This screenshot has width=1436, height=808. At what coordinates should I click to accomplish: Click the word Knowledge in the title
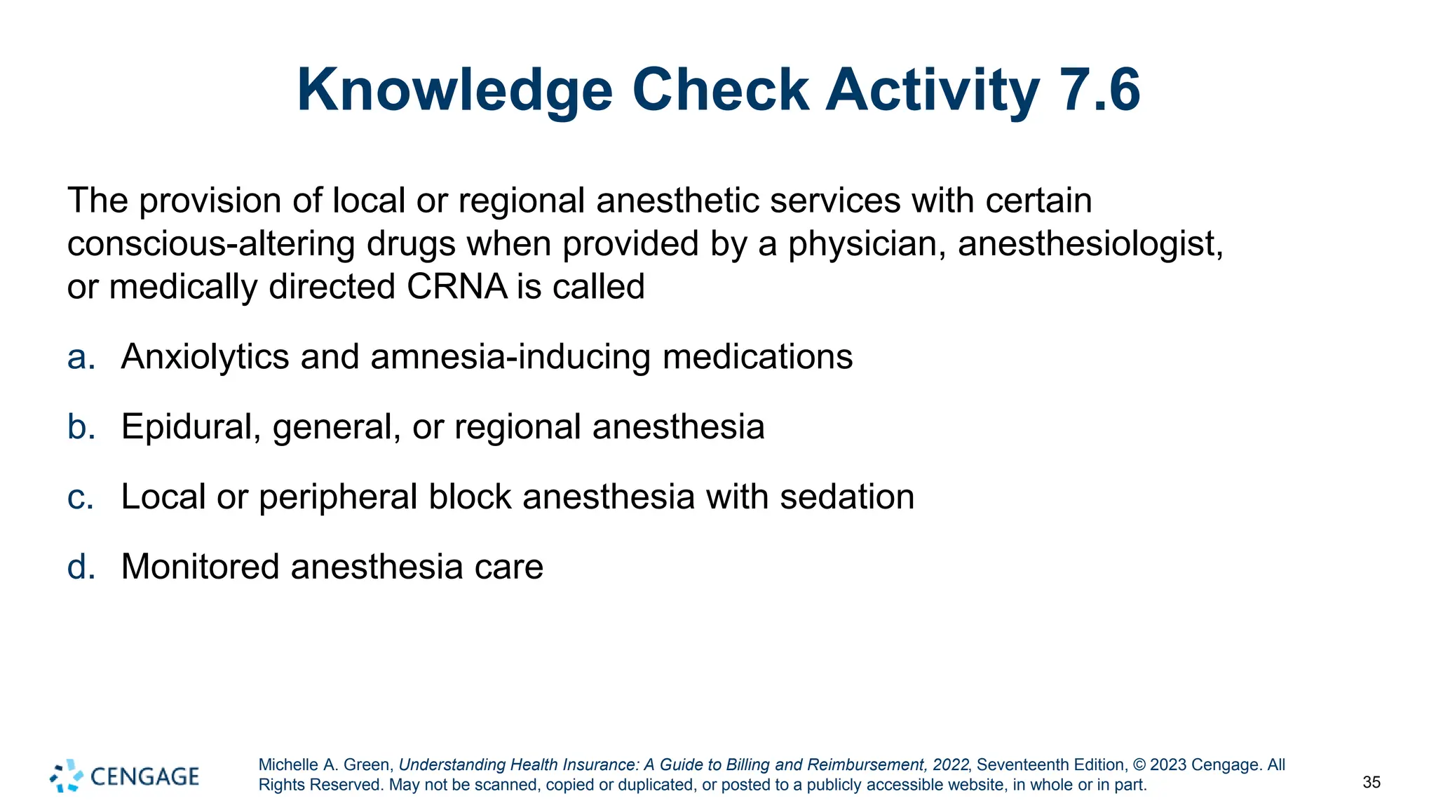[454, 90]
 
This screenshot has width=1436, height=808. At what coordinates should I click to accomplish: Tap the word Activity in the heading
[933, 90]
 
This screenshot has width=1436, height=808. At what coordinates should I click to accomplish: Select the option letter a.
[81, 357]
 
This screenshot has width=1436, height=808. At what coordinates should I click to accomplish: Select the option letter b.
[81, 426]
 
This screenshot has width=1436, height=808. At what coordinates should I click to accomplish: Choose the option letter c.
[81, 497]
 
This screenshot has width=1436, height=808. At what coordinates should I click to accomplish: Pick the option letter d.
[81, 567]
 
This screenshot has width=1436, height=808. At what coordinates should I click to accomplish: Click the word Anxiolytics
[205, 357]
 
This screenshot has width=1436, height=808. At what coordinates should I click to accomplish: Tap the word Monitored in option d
[200, 567]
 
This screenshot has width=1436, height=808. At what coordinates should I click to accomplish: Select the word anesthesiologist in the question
[1090, 244]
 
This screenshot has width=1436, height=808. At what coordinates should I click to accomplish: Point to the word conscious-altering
[211, 244]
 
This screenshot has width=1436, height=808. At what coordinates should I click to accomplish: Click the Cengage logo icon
[66, 776]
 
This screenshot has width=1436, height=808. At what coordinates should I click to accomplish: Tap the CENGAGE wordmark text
[145, 776]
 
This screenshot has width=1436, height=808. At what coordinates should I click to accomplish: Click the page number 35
[1371, 782]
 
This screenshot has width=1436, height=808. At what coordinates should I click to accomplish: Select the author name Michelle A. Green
[326, 765]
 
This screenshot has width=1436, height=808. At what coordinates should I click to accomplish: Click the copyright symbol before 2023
[1139, 765]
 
